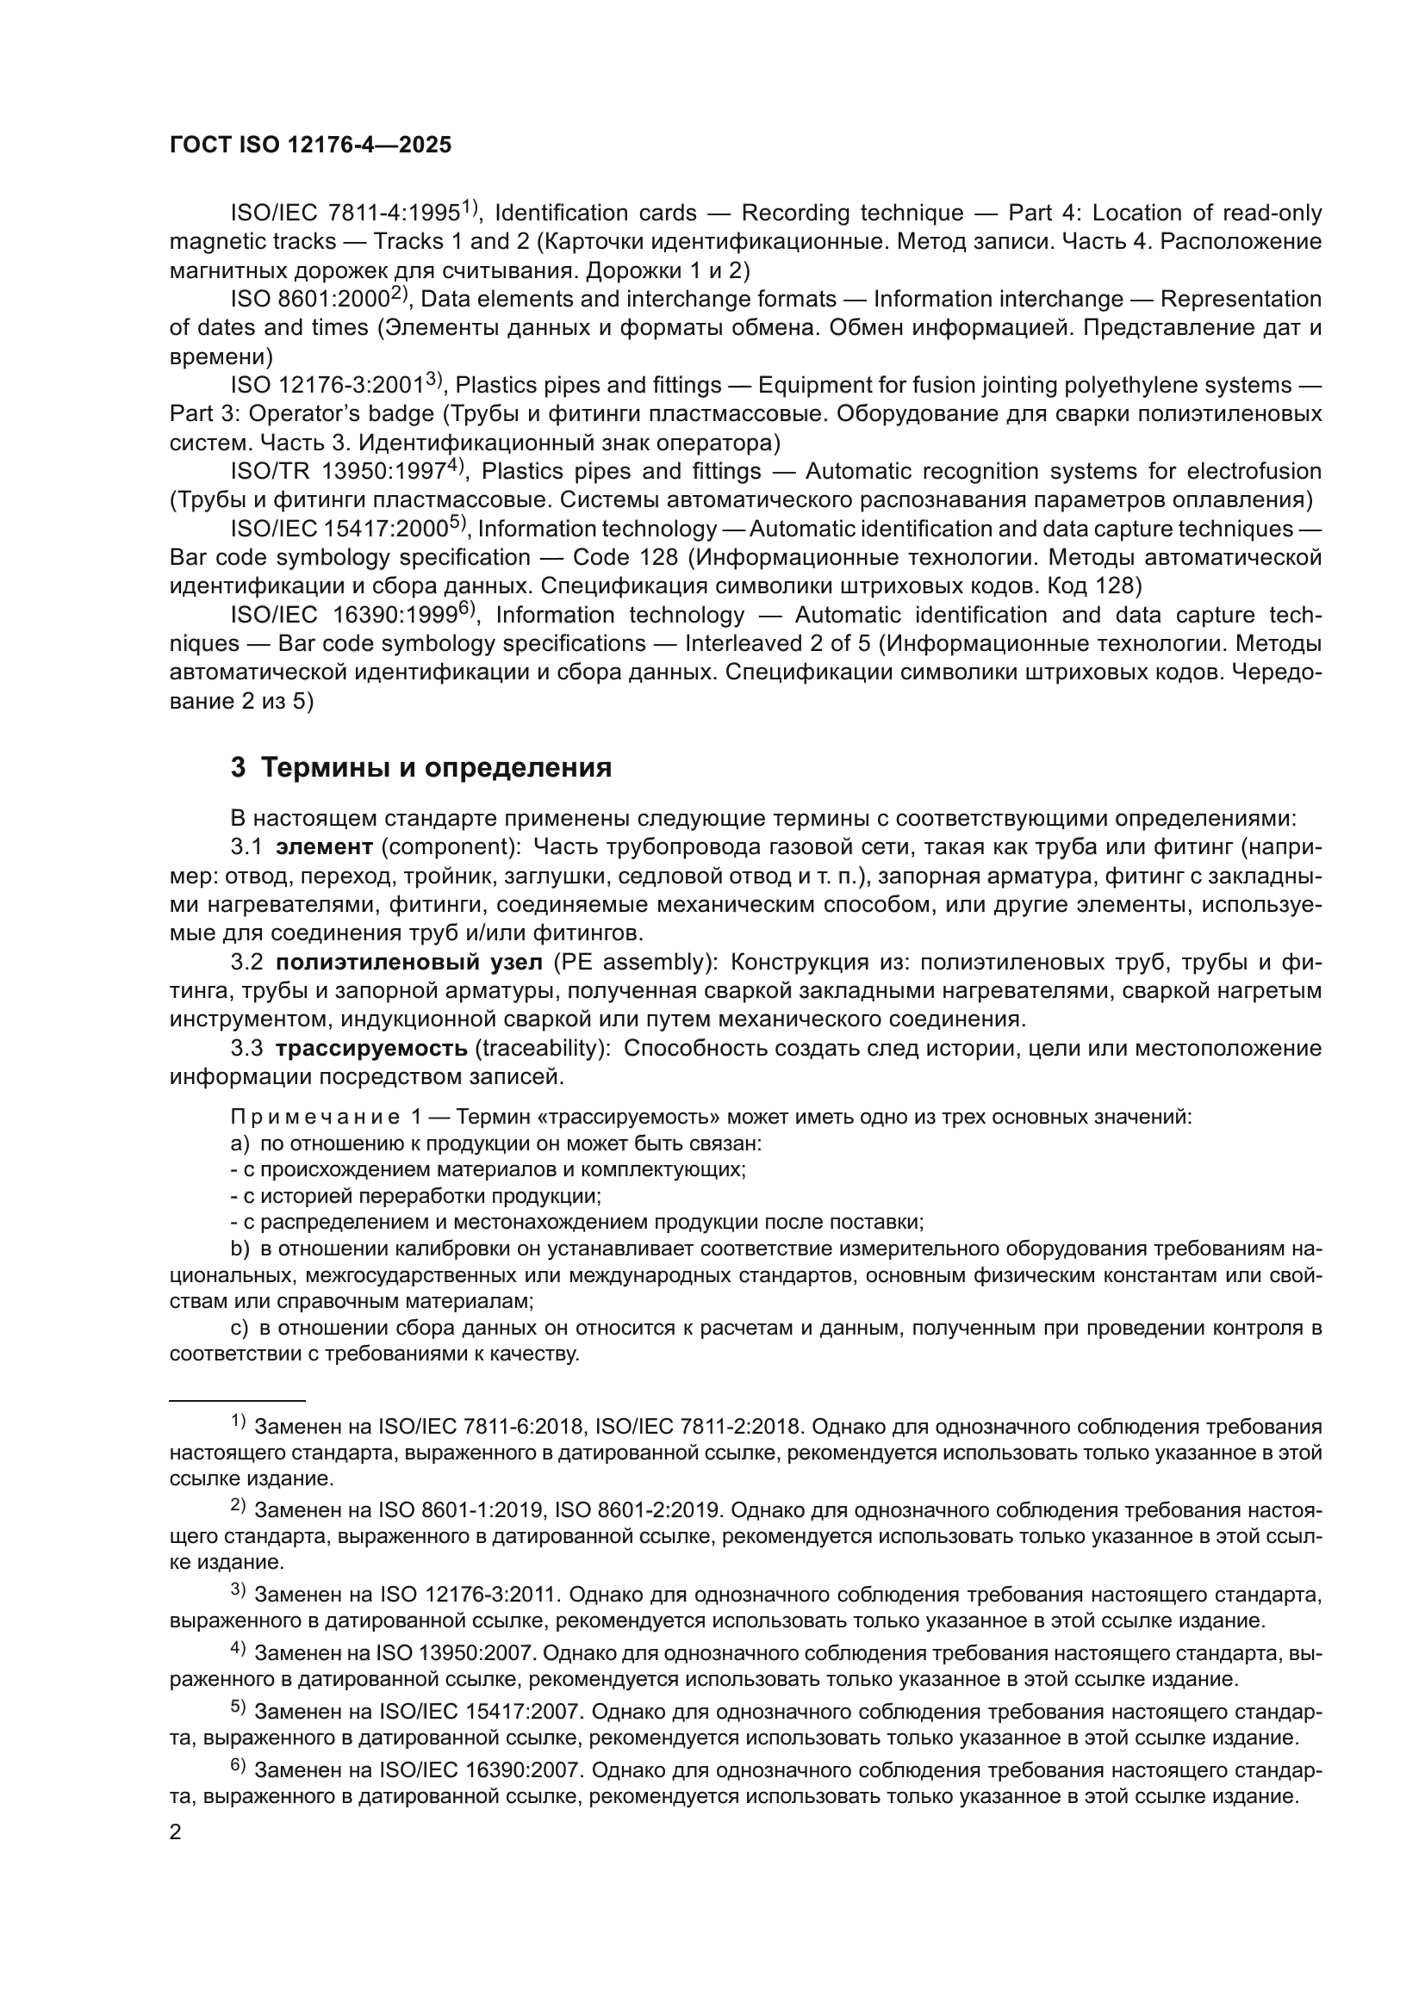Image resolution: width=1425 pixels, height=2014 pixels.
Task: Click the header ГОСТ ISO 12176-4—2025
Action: (x=310, y=146)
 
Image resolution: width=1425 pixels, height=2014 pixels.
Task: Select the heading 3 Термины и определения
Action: (x=420, y=767)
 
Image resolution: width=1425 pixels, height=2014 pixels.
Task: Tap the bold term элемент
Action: (x=325, y=846)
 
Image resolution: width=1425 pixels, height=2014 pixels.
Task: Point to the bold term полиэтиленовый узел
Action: (x=409, y=963)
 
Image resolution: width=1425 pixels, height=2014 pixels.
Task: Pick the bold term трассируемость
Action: (x=371, y=1048)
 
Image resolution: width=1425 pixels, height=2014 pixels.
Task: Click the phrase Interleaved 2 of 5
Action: (x=777, y=643)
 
